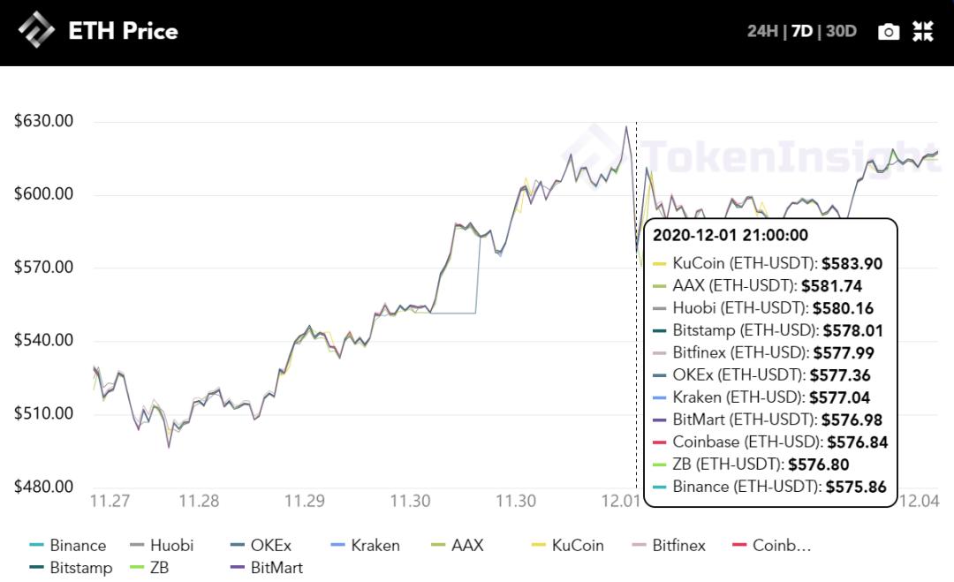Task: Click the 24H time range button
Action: pos(762,32)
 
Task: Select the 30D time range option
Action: pos(841,32)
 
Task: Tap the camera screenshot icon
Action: pos(889,32)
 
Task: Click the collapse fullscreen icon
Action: pos(923,32)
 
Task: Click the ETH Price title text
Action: pos(123,32)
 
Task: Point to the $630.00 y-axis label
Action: pos(43,121)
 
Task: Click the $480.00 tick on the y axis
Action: pos(43,487)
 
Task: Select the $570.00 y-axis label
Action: pos(43,268)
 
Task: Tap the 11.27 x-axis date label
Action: pos(110,502)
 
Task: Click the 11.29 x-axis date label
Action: pos(304,502)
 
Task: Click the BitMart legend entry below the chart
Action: pos(276,568)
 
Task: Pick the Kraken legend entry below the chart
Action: pos(375,545)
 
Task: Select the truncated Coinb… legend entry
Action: pos(781,545)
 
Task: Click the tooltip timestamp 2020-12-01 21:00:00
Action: pos(731,235)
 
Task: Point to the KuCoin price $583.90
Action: pos(852,263)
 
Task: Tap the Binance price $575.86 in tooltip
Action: pos(856,487)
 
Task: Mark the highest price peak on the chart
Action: pos(626,126)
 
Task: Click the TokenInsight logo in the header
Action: pos(36,31)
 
